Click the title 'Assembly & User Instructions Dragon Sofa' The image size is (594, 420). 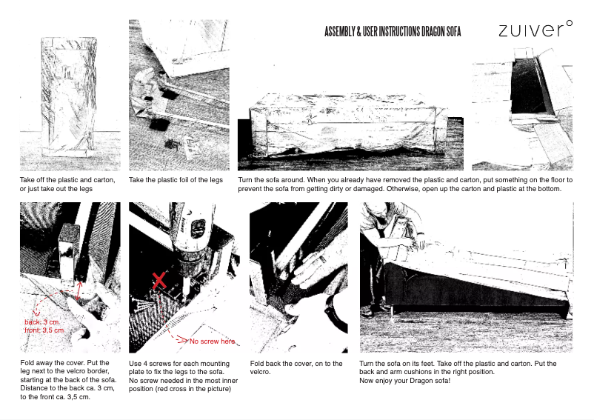pos(393,33)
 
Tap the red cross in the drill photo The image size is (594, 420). pos(158,281)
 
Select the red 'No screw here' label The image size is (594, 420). pos(213,341)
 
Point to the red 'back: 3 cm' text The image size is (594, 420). pos(41,322)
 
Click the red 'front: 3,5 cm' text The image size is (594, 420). pos(44,330)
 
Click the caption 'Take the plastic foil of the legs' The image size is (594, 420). pos(176,180)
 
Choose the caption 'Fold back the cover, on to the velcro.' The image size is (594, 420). pos(296,368)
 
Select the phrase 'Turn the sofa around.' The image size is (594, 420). pos(271,180)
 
